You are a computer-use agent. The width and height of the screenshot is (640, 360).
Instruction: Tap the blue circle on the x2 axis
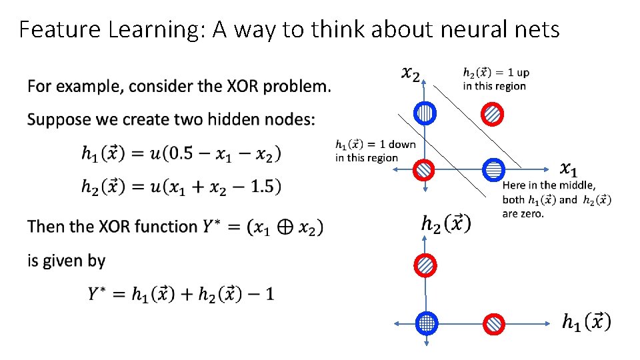[x=425, y=114]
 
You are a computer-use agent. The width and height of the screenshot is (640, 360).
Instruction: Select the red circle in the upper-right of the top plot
[x=492, y=114]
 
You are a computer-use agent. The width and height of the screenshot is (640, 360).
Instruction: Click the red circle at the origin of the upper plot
[x=425, y=171]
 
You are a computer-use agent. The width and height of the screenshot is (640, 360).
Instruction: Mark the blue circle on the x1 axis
[x=493, y=171]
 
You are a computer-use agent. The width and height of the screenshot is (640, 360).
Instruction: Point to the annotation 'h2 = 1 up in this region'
[x=496, y=79]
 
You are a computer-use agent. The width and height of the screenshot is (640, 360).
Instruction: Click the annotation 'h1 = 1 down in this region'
[x=375, y=151]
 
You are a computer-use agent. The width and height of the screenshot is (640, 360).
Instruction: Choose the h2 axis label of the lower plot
[x=445, y=223]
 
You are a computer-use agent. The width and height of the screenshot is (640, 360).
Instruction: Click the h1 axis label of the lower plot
[x=585, y=322]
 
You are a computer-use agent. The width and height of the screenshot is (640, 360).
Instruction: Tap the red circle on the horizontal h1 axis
[x=494, y=323]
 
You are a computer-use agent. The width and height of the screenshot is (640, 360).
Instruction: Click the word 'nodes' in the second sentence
[x=285, y=120]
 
